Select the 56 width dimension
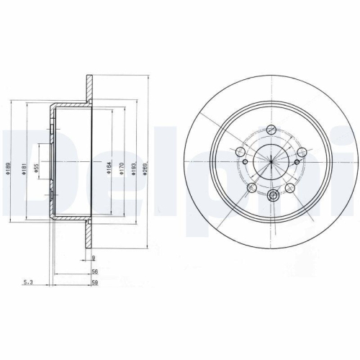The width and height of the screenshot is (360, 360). coord(94,272)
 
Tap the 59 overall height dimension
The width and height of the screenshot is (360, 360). coord(94,284)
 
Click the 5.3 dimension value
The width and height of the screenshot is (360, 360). coord(27,284)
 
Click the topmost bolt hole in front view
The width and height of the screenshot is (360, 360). coord(271,130)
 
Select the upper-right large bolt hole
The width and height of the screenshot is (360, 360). coord(302,152)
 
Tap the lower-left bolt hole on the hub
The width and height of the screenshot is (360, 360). coord(252,187)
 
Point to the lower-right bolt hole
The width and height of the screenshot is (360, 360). coord(291,188)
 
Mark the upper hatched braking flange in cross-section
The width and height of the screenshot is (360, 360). coord(89,88)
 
